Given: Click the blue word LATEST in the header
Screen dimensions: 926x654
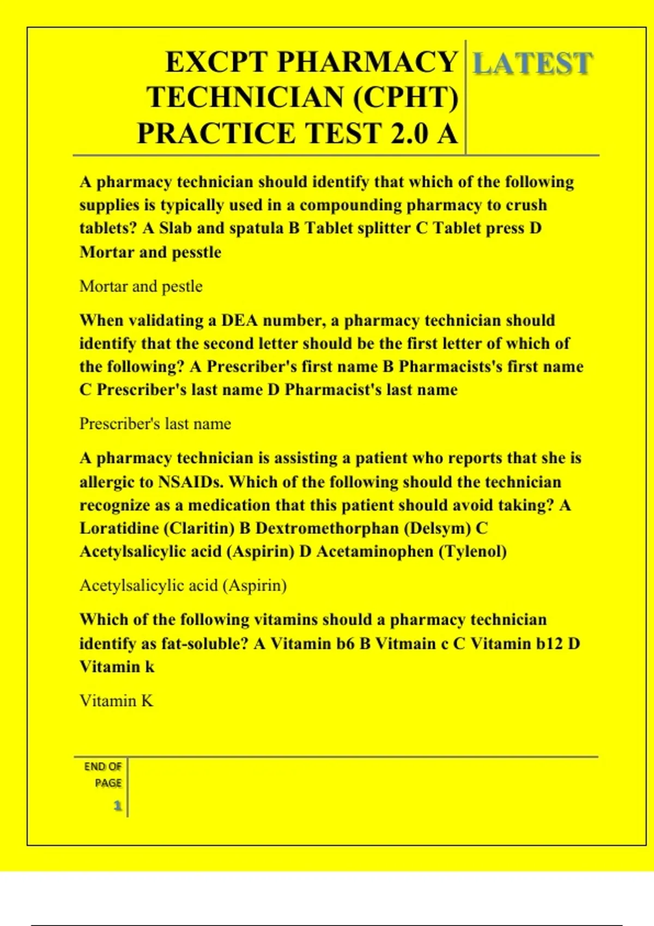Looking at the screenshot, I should [532, 64].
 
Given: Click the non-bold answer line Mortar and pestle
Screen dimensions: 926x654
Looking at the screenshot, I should [141, 287].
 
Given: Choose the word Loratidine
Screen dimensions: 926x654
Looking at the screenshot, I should [119, 528].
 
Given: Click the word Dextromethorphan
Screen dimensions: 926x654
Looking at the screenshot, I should [327, 528].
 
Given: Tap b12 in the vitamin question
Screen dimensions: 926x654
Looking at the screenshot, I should [549, 644].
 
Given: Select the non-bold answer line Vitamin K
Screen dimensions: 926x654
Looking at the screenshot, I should [117, 700].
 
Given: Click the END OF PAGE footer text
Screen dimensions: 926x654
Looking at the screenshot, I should [103, 775].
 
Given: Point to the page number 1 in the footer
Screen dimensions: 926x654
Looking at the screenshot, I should [117, 806].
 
